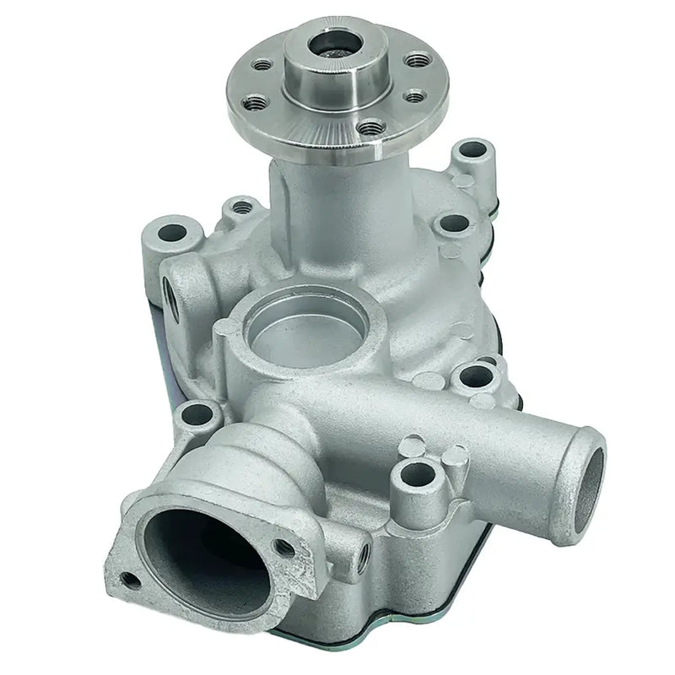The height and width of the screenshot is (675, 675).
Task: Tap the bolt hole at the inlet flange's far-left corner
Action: (129, 579)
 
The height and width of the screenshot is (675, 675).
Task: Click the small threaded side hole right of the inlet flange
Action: (364, 558)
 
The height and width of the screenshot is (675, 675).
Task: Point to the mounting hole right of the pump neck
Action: (454, 224)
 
